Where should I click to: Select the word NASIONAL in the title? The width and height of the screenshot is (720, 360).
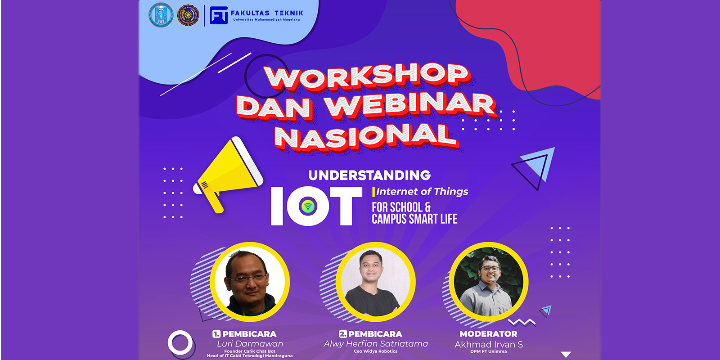click(365, 136)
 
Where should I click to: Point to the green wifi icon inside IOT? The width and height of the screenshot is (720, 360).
click(308, 207)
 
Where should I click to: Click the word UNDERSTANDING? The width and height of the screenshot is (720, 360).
click(369, 175)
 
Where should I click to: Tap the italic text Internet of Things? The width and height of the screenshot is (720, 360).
click(422, 192)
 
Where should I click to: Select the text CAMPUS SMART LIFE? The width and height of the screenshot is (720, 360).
click(414, 219)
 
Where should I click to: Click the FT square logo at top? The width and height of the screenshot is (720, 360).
click(219, 15)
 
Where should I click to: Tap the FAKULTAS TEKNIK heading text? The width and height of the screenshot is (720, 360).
click(267, 13)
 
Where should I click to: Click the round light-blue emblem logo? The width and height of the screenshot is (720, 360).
click(161, 15)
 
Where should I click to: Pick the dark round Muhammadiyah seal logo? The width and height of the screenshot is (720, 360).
click(189, 15)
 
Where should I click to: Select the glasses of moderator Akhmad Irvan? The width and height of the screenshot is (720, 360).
click(490, 269)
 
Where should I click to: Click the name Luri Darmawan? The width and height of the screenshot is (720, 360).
click(250, 343)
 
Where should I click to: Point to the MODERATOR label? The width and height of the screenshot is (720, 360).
click(488, 334)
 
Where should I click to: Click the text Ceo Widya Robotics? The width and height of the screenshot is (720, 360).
click(376, 351)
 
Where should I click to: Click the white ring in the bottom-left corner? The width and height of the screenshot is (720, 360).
click(180, 343)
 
